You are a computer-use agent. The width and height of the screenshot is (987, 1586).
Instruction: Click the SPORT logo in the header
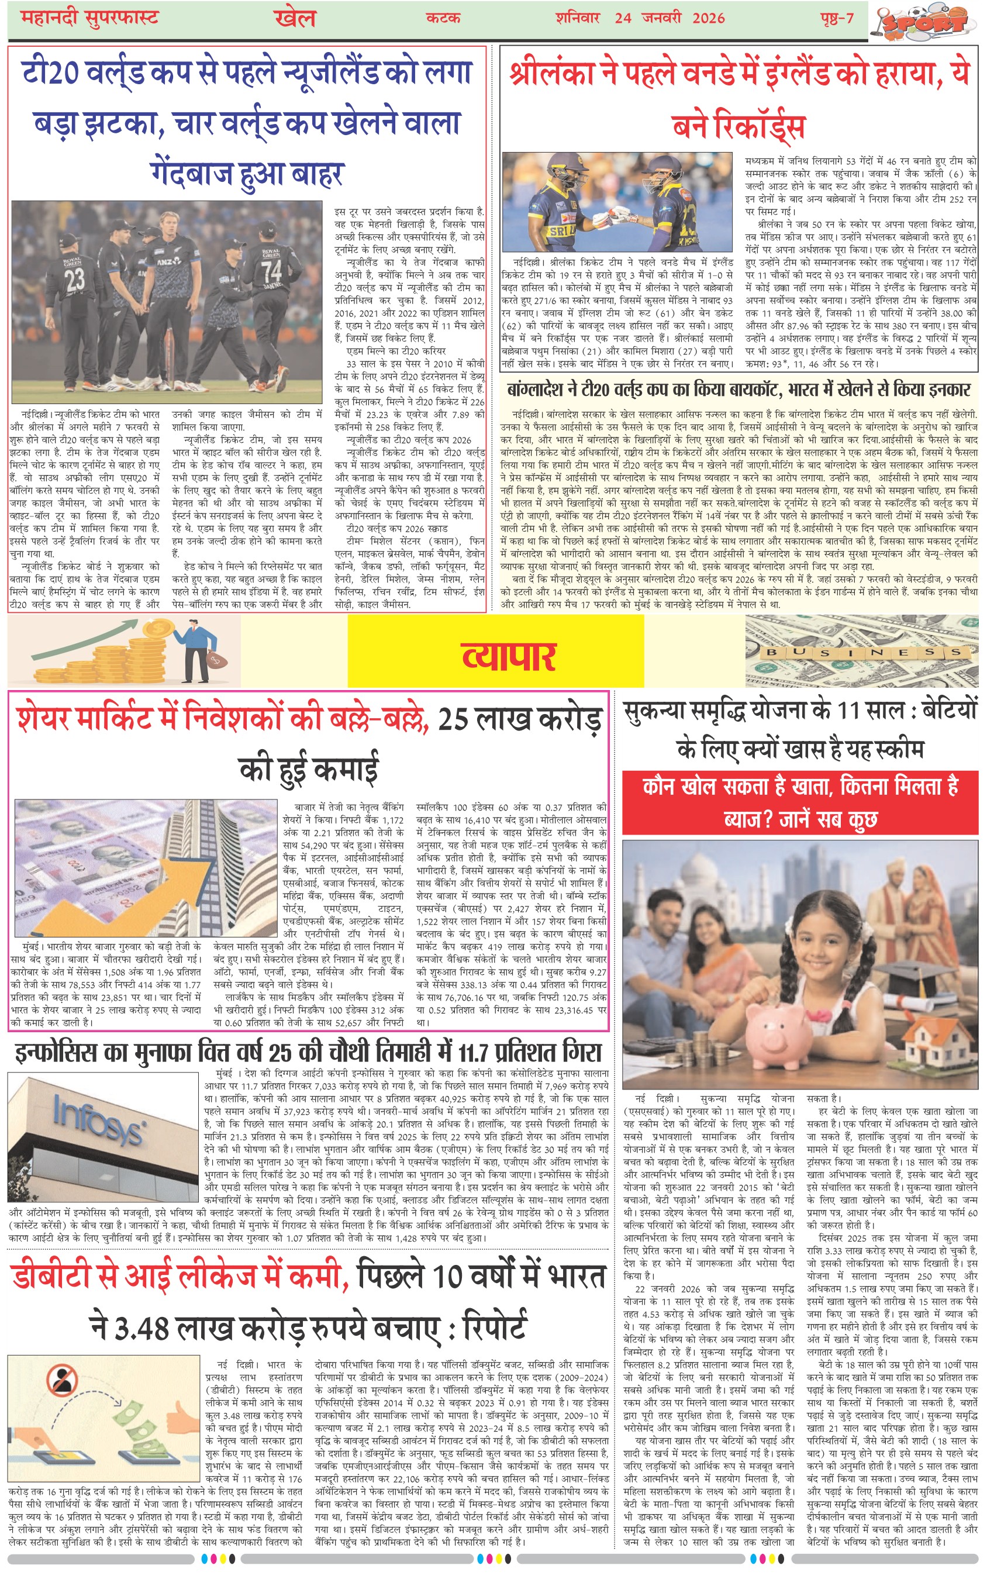pos(926,22)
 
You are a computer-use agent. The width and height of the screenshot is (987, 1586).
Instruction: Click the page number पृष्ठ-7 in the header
pos(837,18)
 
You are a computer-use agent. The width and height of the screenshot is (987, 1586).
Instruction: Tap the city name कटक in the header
pos(443,18)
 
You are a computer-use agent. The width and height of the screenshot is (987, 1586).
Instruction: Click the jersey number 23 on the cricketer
pos(74,279)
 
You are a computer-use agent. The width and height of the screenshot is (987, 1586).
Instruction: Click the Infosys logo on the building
pos(98,1117)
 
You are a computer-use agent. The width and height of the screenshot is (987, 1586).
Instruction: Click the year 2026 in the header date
pos(708,18)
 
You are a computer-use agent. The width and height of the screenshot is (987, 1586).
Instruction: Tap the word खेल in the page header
pos(295,18)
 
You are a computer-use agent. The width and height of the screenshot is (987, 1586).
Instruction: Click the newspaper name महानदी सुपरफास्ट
pos(90,17)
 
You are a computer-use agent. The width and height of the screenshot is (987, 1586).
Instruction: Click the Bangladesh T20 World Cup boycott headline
pos(739,390)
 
